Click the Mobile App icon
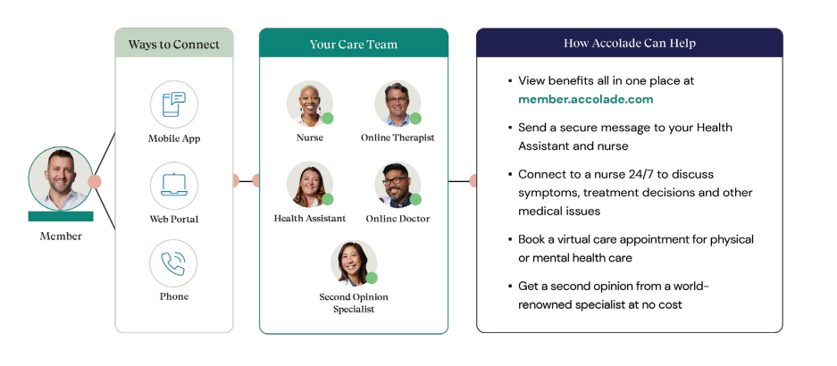(173, 104)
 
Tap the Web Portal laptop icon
(173, 185)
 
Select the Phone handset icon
(173, 263)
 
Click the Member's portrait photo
(60, 179)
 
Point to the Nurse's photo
(309, 104)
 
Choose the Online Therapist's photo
(397, 104)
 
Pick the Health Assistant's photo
(309, 184)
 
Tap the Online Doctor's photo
(397, 184)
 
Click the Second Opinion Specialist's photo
(353, 262)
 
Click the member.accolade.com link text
(585, 99)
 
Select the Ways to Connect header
(173, 44)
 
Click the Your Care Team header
(353, 44)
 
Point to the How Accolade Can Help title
(629, 43)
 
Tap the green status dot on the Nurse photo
(328, 118)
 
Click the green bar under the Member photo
(60, 216)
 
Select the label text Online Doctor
(398, 219)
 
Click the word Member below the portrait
(60, 237)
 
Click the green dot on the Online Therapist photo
(415, 118)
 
